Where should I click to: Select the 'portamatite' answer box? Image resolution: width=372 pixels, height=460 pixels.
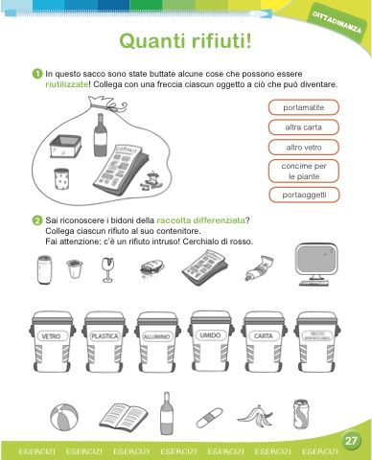pyautogui.click(x=303, y=107)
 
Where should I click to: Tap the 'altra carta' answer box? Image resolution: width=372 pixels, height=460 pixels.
pyautogui.click(x=303, y=127)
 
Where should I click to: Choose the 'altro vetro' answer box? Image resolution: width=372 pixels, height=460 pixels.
pyautogui.click(x=303, y=148)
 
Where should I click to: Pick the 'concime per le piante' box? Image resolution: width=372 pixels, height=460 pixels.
pyautogui.click(x=303, y=172)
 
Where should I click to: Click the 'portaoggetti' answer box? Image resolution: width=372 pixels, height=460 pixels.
pyautogui.click(x=303, y=195)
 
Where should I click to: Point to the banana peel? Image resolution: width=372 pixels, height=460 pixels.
pyautogui.click(x=255, y=417)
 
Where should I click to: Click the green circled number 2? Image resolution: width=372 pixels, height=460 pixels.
pyautogui.click(x=36, y=220)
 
